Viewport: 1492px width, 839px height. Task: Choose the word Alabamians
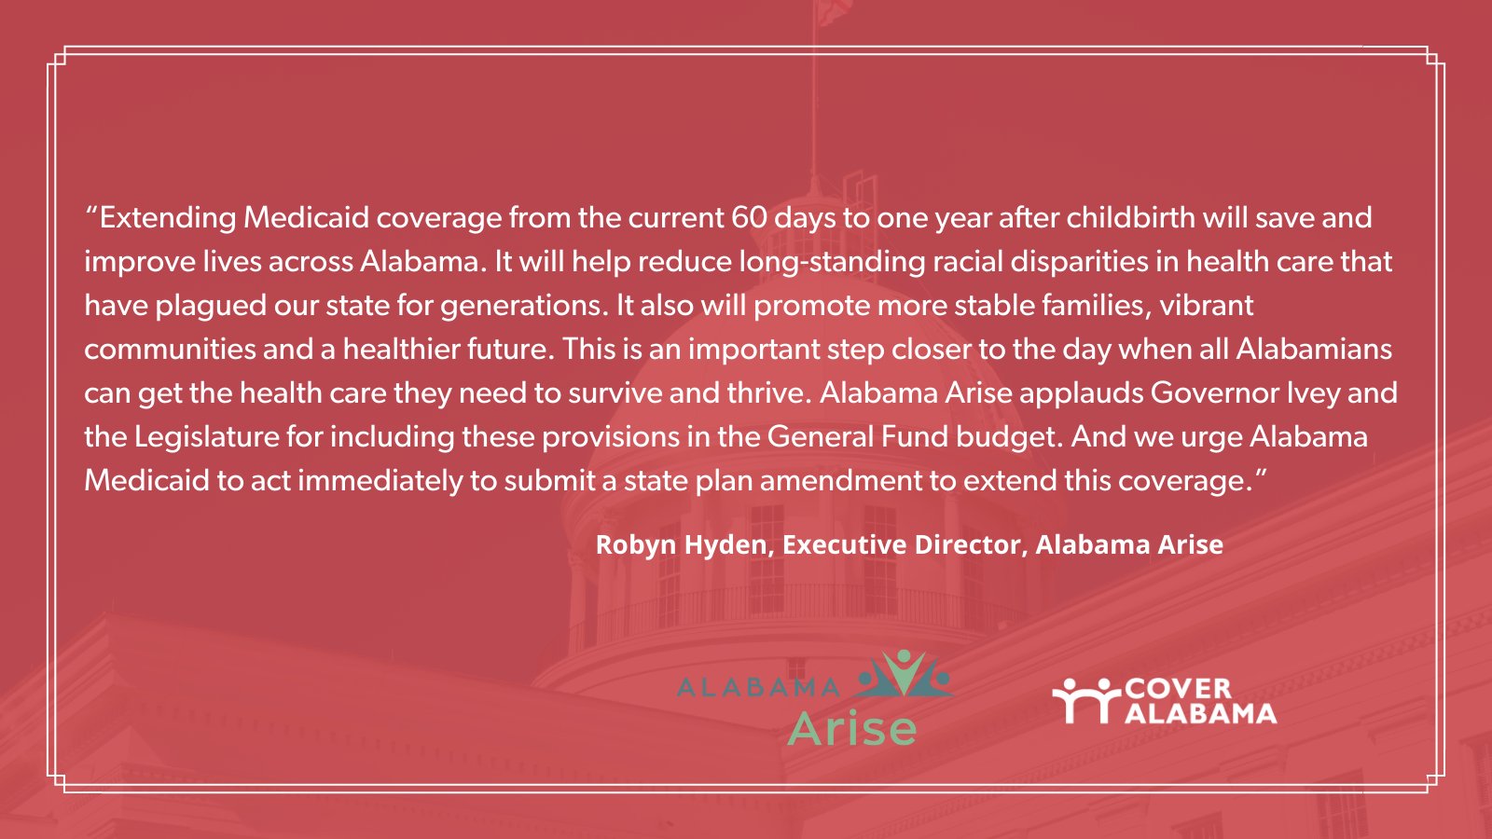coord(1314,350)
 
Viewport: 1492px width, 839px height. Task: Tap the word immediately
coord(380,481)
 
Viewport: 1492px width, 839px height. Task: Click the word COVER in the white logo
coord(1179,690)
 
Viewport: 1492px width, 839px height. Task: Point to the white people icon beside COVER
coord(1087,700)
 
